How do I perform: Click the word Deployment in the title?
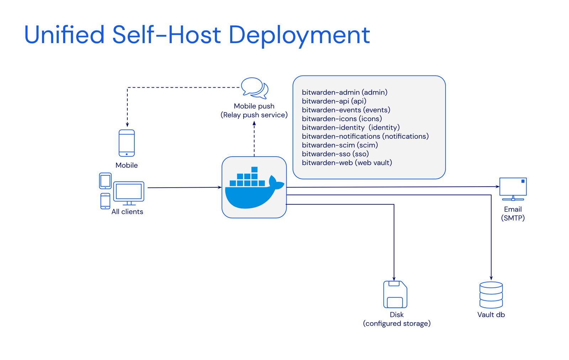[299, 35]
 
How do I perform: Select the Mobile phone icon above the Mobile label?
[127, 143]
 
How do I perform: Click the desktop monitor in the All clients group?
[129, 193]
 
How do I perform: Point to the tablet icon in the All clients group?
[105, 181]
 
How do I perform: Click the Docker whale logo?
[254, 188]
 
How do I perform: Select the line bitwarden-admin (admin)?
[344, 92]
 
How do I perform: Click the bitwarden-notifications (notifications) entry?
[365, 136]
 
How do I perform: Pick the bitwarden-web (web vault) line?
[347, 163]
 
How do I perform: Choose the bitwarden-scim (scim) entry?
[340, 145]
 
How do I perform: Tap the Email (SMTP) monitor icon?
[513, 188]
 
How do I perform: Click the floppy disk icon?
[395, 294]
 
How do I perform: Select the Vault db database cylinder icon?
[491, 295]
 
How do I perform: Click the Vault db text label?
[491, 315]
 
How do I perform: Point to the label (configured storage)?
[397, 324]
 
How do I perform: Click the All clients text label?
[127, 212]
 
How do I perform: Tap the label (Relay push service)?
[254, 115]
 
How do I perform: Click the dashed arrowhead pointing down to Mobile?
[127, 124]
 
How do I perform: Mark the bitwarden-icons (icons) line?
[342, 119]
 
